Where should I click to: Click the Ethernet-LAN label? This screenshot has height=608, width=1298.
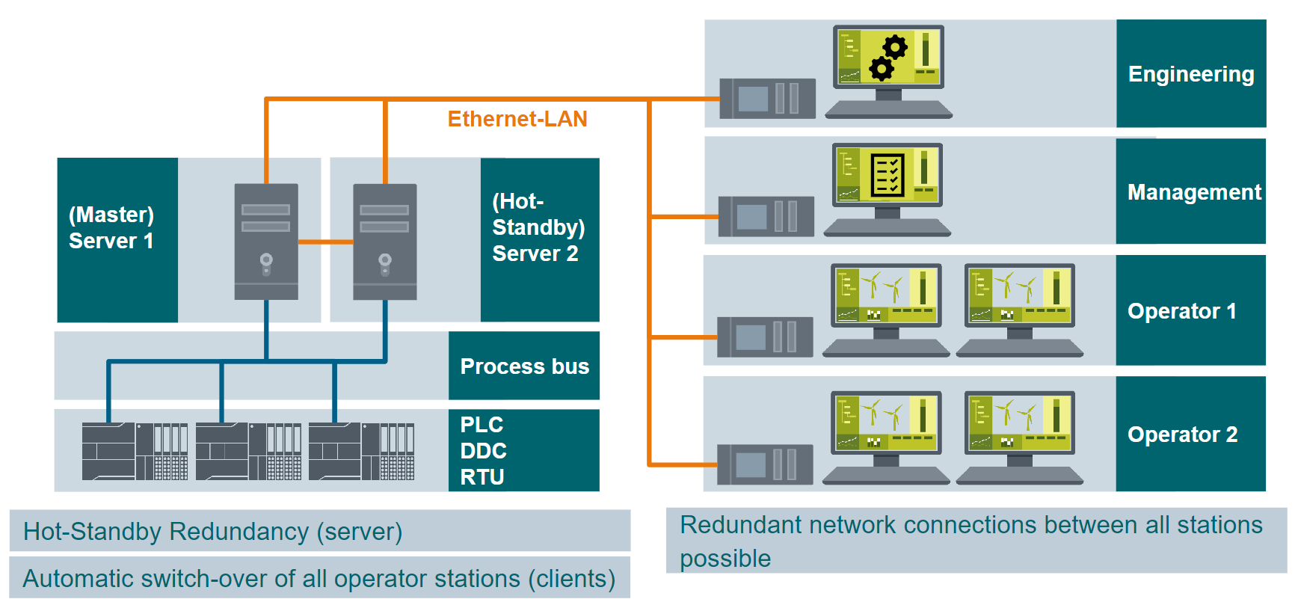(517, 119)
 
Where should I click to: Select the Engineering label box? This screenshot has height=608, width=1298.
(1190, 74)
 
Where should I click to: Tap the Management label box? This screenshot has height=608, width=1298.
(1190, 192)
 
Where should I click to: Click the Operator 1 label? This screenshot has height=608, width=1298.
(1181, 311)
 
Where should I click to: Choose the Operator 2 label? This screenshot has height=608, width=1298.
(1182, 434)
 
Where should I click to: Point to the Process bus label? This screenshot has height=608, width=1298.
(524, 366)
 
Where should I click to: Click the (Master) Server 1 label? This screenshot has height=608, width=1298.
(111, 228)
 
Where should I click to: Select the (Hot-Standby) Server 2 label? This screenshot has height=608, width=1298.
(538, 227)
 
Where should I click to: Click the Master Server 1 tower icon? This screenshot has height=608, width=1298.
(266, 242)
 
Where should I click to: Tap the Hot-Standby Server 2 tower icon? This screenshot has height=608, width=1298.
(384, 242)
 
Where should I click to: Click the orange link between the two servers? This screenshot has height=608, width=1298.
(325, 242)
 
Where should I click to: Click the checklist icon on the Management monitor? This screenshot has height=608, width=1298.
(888, 174)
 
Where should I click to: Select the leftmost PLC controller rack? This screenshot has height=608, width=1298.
(135, 451)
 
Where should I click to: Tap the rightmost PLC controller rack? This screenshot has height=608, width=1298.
(361, 451)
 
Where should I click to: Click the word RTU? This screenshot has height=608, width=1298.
(482, 477)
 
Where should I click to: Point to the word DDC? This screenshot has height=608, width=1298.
(483, 451)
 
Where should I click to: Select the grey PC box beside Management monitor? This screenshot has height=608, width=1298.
(766, 217)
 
